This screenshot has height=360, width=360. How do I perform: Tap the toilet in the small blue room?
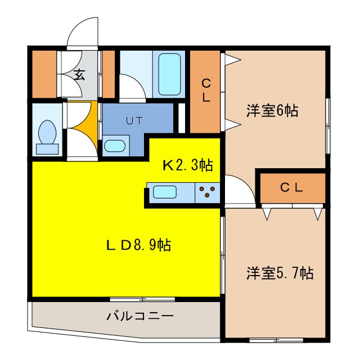click(x=47, y=138)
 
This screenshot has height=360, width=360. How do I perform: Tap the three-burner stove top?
click(x=208, y=193)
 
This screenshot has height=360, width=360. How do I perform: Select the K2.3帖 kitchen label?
click(x=187, y=165)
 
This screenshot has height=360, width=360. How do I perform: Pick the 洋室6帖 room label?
click(x=272, y=111)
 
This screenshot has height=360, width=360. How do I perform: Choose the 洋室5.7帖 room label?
click(x=279, y=273)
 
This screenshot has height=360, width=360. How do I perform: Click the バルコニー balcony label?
click(x=140, y=316)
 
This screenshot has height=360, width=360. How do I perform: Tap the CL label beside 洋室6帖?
click(x=206, y=90)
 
